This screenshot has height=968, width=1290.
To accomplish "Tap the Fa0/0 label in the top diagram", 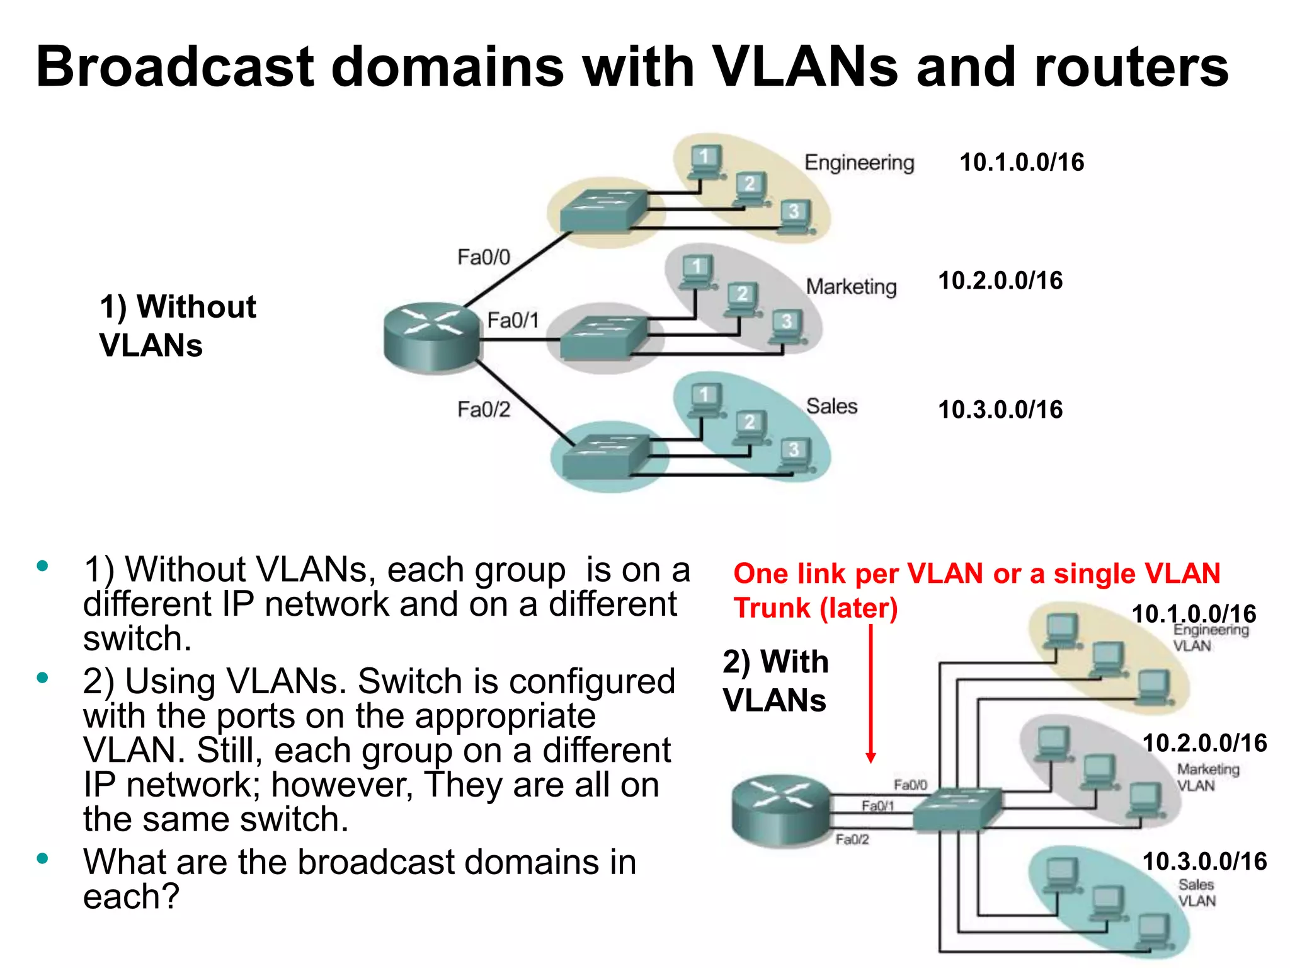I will (x=483, y=257).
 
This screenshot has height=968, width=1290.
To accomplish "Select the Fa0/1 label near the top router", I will (x=513, y=320).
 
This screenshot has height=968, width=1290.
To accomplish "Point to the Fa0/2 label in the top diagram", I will (x=483, y=410).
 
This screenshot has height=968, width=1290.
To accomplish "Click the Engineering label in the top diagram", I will (x=859, y=163).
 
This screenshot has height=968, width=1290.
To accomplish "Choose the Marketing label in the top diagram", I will (x=851, y=287).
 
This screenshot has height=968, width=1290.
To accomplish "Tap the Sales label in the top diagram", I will (x=831, y=406).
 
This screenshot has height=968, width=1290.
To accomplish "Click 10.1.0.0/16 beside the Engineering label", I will (x=1021, y=163).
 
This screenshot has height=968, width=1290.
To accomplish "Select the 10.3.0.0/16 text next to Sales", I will (x=1000, y=410).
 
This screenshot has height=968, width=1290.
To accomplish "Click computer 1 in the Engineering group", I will (x=704, y=161).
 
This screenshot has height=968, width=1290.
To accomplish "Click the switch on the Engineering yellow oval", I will (x=603, y=210).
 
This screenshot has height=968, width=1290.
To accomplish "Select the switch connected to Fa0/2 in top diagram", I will (x=605, y=455).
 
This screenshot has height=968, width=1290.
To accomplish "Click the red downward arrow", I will (x=870, y=693).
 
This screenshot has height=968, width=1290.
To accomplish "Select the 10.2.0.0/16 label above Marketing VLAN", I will (x=1204, y=743).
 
